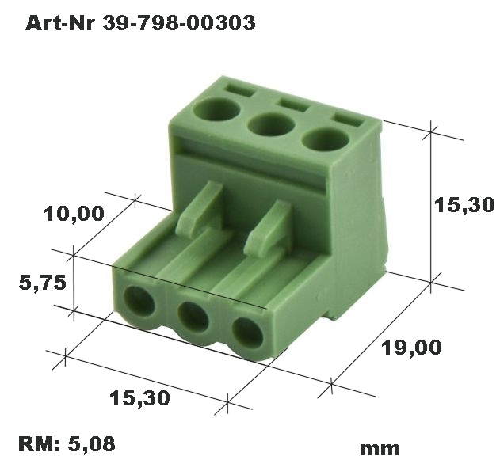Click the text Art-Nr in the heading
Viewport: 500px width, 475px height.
(60, 24)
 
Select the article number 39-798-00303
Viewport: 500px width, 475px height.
(177, 24)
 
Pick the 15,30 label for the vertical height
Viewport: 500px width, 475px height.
(464, 206)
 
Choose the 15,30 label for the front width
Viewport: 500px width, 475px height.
(141, 398)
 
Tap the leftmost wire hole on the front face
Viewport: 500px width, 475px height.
(141, 302)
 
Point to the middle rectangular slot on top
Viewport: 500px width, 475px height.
(291, 103)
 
